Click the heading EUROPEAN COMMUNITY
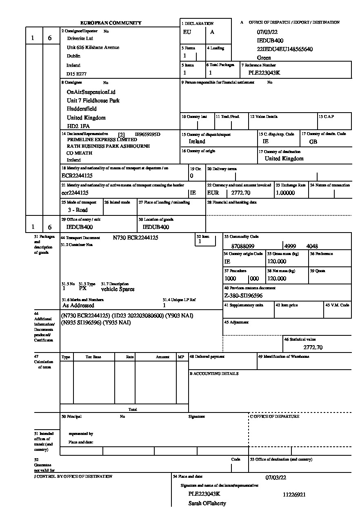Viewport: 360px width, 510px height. click(111, 23)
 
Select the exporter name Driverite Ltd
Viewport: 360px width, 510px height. click(80, 38)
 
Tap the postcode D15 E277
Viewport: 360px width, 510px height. click(77, 74)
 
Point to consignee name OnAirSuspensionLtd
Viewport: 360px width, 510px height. click(91, 92)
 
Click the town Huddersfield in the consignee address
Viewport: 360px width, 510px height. click(82, 109)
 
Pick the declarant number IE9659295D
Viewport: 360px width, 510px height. click(147, 134)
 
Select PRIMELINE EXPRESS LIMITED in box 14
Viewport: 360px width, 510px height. click(102, 139)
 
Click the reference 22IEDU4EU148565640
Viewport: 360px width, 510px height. click(285, 49)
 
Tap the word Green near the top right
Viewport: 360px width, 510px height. click(264, 58)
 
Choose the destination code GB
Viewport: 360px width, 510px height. click(313, 142)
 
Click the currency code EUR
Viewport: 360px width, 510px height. click(213, 193)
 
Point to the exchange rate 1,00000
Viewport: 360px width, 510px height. click(285, 193)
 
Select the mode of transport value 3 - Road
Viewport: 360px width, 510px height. click(78, 210)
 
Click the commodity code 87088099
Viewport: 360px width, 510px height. click(242, 246)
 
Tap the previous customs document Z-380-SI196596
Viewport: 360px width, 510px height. click(243, 296)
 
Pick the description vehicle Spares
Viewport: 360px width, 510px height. click(118, 289)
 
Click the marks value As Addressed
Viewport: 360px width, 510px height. click(78, 305)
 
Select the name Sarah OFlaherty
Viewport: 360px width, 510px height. click(207, 503)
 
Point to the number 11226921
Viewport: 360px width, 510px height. click(294, 494)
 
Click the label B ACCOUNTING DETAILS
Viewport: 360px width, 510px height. click(214, 374)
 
